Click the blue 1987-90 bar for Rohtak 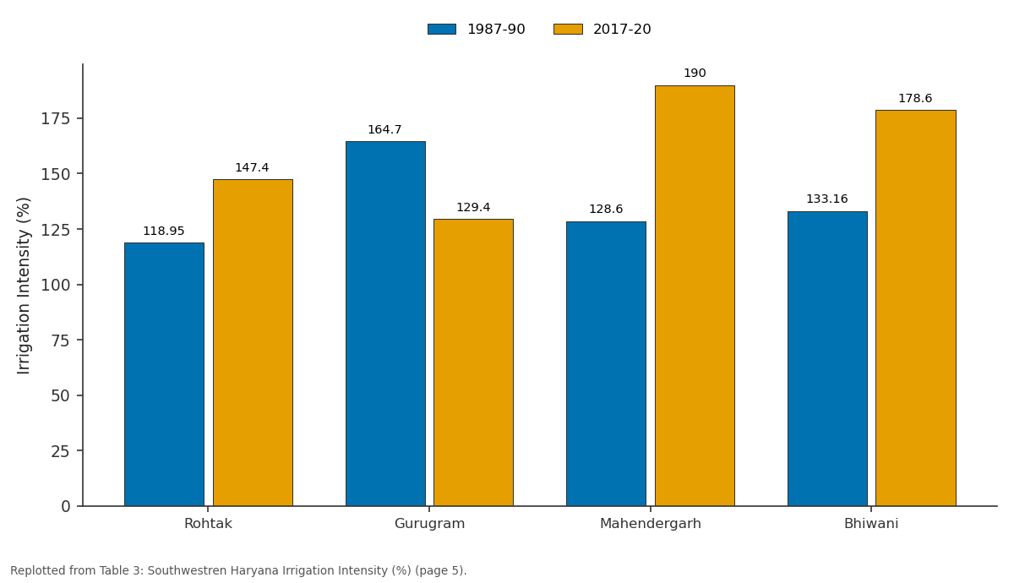click(x=164, y=374)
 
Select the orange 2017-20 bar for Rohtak click(x=253, y=343)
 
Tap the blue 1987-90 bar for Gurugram click(x=385, y=324)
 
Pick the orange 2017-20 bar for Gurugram click(x=473, y=362)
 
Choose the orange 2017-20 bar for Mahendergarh click(x=695, y=296)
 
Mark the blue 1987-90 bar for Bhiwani click(x=827, y=358)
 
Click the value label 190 click(x=695, y=73)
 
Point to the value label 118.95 click(x=164, y=231)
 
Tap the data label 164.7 click(x=384, y=129)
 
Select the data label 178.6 click(x=915, y=98)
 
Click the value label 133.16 click(x=827, y=199)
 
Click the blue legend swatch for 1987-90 click(x=442, y=29)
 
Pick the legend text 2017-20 click(x=622, y=29)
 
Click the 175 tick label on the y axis click(x=56, y=118)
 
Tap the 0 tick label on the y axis click(x=66, y=506)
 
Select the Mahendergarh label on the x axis click(x=651, y=524)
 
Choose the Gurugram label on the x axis click(x=429, y=524)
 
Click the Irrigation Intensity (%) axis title click(x=23, y=286)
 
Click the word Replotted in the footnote click(x=36, y=571)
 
